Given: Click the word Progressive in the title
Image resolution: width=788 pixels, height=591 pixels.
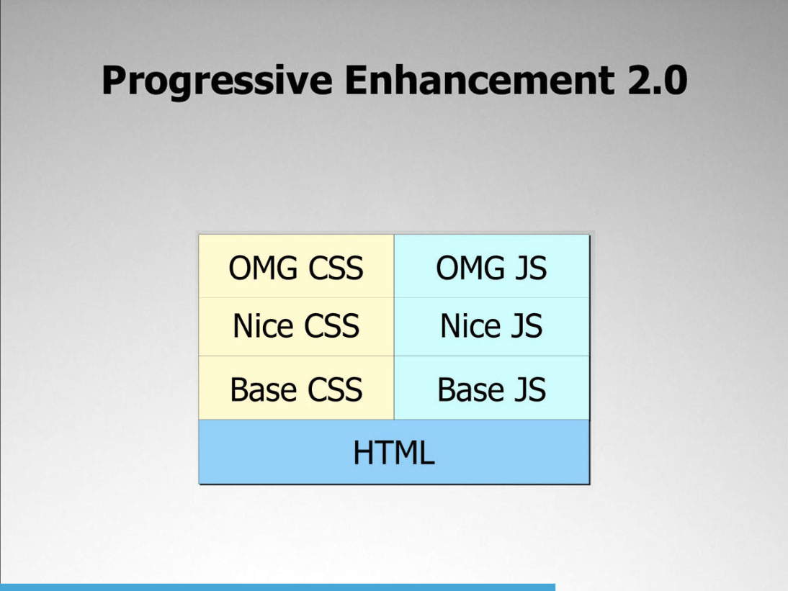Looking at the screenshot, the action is tap(217, 81).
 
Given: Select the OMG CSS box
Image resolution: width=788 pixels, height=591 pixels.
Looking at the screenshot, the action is tap(297, 266).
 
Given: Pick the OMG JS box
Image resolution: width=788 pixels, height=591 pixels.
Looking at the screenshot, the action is tap(492, 266).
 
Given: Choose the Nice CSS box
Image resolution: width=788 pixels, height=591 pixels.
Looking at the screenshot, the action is tap(297, 327).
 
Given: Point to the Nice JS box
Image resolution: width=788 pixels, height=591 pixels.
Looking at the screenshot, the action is tap(492, 327).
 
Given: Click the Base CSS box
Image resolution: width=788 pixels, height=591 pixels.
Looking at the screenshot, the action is tap(297, 387).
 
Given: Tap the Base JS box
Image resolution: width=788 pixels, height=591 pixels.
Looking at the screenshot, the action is tap(492, 387).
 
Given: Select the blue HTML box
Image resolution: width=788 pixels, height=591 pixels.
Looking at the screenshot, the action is tap(394, 452).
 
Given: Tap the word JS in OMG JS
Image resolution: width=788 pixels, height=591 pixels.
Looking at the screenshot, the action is tap(529, 268).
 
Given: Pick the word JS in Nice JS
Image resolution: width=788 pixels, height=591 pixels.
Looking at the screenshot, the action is tap(526, 326).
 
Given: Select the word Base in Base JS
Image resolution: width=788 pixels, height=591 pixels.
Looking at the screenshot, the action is tap(470, 389).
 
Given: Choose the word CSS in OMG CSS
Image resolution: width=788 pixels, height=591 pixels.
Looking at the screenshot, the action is tap(336, 268).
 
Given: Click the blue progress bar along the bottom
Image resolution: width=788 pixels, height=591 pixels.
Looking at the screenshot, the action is tap(277, 587).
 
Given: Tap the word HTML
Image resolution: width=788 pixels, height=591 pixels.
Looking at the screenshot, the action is tap(394, 453).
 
